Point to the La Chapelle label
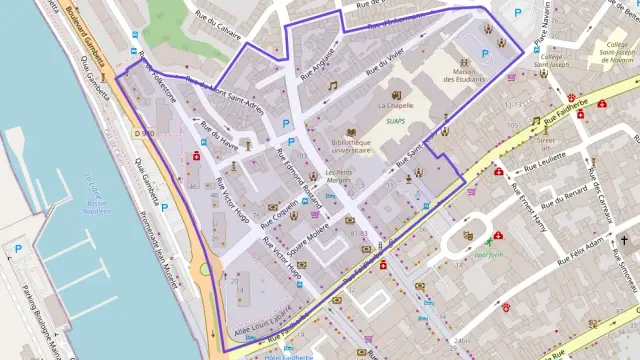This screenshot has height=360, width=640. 397,104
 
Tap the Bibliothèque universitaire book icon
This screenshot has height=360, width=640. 351,132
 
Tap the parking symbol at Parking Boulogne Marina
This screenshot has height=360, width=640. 18,249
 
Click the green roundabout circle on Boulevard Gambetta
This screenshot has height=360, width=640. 205,268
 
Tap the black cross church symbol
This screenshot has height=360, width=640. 623,241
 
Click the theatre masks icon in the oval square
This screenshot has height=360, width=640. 467,235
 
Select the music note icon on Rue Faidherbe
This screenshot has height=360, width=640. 536,122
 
